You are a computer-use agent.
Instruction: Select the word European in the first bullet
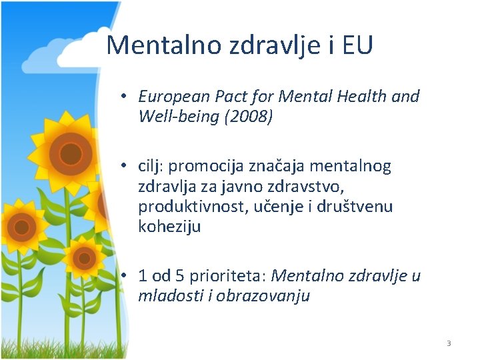click(x=168, y=97)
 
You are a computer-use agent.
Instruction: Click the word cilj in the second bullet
click(x=150, y=165)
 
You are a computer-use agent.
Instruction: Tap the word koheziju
click(x=169, y=227)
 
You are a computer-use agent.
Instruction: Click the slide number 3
click(x=449, y=343)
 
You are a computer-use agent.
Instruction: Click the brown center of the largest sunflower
click(x=70, y=154)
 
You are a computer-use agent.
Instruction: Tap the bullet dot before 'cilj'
click(x=125, y=166)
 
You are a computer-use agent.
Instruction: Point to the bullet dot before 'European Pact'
click(x=125, y=97)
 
